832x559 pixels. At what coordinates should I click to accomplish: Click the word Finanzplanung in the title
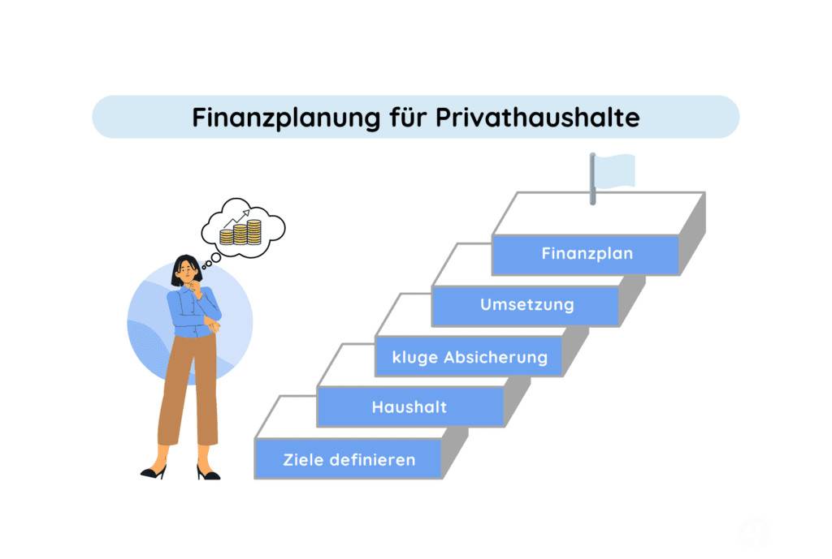coord(286,118)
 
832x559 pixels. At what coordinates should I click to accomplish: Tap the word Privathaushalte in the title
coord(538,117)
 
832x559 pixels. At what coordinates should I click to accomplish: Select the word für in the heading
coord(408,117)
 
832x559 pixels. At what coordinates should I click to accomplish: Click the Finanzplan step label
coord(587,254)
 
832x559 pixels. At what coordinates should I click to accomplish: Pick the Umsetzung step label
coord(526,305)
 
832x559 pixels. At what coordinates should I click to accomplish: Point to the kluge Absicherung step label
coord(470,357)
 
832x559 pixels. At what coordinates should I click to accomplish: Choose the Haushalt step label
coord(409,407)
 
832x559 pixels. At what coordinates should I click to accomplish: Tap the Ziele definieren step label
coord(349,459)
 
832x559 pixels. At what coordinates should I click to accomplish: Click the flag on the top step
coord(615,170)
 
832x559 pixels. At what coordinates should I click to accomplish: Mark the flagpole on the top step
coord(592,179)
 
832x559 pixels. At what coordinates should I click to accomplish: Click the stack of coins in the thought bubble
coord(240,232)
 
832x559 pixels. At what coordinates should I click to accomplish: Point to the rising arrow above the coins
coord(236,217)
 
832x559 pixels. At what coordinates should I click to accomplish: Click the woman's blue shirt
coord(193,312)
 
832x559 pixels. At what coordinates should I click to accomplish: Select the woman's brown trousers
coord(188,389)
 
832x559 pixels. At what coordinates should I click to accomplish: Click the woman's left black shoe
coord(154,471)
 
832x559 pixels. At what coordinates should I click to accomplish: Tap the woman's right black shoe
coord(207,473)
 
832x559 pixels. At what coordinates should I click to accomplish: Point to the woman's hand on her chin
coord(196,288)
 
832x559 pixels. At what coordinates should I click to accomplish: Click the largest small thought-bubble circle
coord(216,257)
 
